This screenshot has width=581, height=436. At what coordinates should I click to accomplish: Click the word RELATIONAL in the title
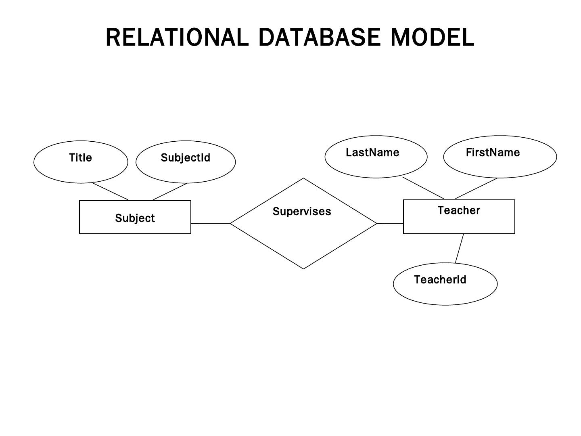point(177,37)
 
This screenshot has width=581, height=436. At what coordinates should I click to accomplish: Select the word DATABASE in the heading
point(320,37)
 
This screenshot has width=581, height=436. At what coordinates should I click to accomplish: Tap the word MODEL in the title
point(432,37)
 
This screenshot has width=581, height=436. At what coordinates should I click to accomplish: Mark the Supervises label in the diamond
point(302,212)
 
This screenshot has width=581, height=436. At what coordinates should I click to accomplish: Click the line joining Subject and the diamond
point(211,223)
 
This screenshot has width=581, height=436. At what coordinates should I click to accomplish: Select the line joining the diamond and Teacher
point(390,223)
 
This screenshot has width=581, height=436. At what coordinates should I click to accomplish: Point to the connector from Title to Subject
point(111,191)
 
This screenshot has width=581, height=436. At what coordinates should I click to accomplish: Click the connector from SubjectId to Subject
point(170,191)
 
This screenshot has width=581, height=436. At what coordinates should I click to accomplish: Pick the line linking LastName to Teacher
point(423,188)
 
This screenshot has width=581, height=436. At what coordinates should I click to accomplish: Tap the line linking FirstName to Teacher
point(476,188)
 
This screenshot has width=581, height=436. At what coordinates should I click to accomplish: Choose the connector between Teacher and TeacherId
point(459,248)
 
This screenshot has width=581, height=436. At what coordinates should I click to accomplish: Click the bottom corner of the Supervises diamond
point(303,269)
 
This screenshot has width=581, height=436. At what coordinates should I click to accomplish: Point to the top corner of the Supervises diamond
point(303,178)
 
